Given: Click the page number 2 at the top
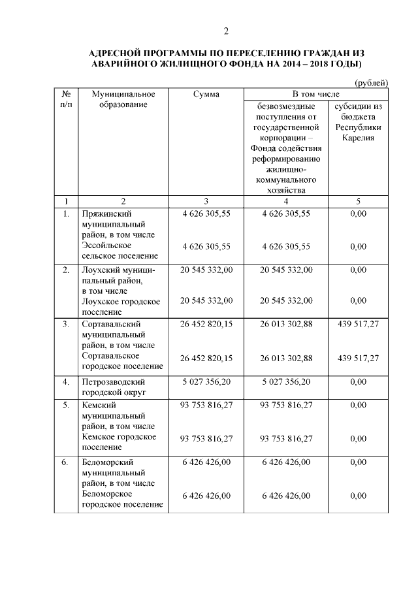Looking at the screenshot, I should tap(226, 31).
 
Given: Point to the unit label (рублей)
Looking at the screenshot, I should tap(371, 83).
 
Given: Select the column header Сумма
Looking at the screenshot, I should tap(206, 95).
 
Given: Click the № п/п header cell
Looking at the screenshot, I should tap(65, 100).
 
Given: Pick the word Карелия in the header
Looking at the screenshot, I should tap(358, 138).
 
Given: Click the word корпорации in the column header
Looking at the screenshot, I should tap(282, 138).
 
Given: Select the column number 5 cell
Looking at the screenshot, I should tap(358, 201).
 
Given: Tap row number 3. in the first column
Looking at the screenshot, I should tap(65, 324).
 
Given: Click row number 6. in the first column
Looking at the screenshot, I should tap(65, 462).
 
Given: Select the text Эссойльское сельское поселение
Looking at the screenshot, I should tap(116, 251).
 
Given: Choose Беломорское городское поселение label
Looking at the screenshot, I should tap(122, 500).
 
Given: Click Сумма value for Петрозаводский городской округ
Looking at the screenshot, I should tap(206, 381).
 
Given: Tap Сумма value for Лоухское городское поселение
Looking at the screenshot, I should tap(206, 300).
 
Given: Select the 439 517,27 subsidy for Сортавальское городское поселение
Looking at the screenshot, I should tap(358, 358).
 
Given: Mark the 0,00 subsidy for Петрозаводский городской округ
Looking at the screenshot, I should tap(358, 381).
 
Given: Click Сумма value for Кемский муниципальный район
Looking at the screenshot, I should tap(206, 405).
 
